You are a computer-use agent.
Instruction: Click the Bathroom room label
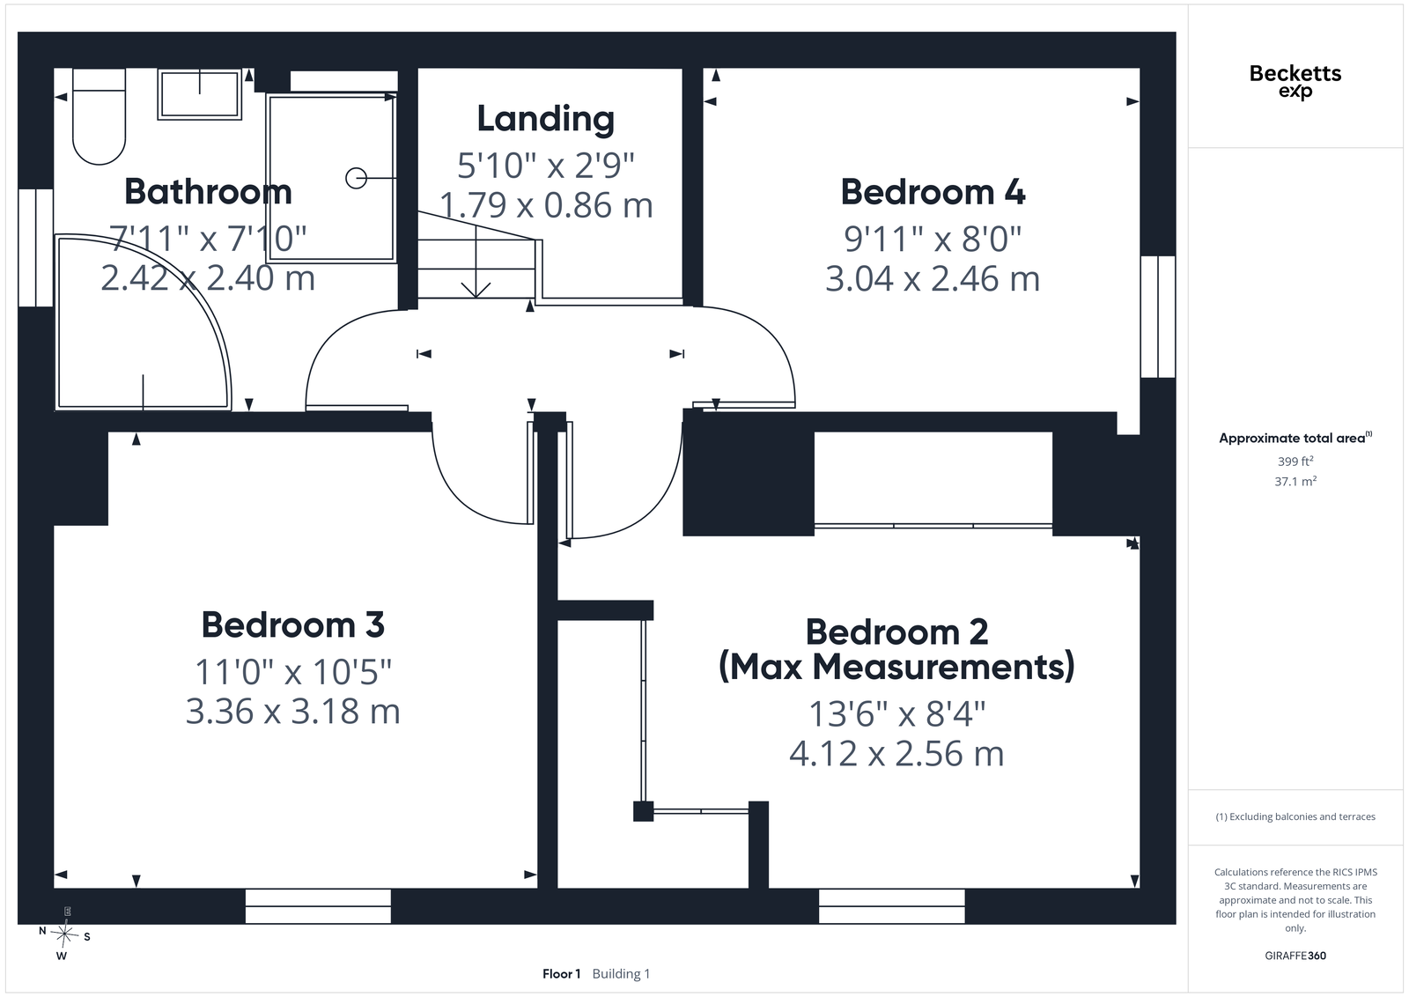[208, 191]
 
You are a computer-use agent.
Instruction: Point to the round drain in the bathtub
[356, 179]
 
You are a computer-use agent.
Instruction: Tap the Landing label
[546, 119]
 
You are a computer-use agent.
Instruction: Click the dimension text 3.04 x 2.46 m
[933, 278]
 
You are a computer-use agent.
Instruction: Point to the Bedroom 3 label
[293, 624]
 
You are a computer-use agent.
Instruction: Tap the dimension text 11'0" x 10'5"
[293, 671]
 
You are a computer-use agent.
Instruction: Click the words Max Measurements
[897, 667]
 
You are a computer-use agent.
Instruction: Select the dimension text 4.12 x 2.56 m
[897, 754]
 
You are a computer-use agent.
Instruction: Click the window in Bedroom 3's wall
[318, 906]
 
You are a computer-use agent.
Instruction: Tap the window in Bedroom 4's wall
[1158, 316]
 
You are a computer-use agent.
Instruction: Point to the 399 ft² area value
[1295, 462]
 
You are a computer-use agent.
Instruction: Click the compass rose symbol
[63, 934]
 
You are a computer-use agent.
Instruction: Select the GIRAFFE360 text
[1295, 956]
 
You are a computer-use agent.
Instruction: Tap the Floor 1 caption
[561, 974]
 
